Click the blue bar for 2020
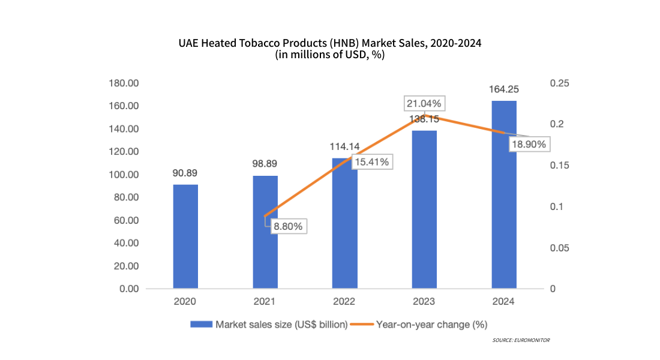tap(185, 236)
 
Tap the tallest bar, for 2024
tap(504, 194)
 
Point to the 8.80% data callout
tap(289, 226)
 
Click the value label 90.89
tap(185, 173)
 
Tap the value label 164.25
tap(504, 89)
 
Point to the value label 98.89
tap(265, 164)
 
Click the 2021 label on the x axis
tap(265, 301)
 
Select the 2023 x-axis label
tap(424, 301)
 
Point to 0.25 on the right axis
tap(562, 83)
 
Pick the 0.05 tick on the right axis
tap(562, 248)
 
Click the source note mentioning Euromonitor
tap(521, 340)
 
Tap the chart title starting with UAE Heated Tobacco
tap(330, 43)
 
